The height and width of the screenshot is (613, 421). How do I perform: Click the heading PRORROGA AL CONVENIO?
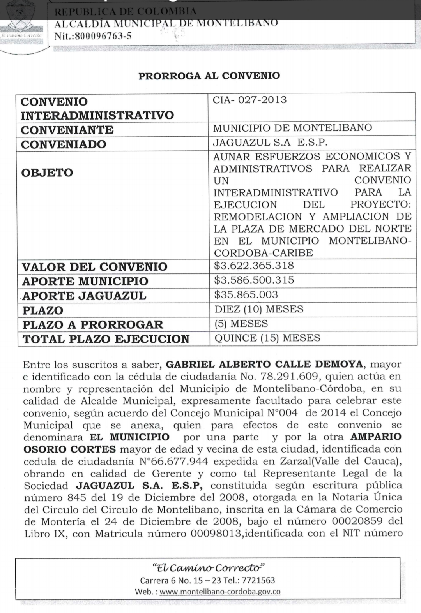point(209,76)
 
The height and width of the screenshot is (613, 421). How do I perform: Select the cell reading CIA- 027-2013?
point(249,100)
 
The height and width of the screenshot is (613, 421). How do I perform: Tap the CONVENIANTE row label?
point(67,130)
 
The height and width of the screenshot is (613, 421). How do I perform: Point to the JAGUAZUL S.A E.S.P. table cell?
point(270,143)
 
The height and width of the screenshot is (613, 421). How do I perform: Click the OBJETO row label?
point(47,173)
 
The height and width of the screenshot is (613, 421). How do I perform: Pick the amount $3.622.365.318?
point(254,266)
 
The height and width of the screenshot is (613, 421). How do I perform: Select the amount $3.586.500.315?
point(254,280)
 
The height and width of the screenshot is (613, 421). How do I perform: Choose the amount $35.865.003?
point(246,294)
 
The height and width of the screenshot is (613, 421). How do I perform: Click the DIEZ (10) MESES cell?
point(259,309)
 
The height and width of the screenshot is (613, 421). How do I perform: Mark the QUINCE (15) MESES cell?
point(267,338)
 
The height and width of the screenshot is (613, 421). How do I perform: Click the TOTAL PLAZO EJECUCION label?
point(106,339)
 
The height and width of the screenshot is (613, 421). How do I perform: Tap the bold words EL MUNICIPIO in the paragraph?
point(129,437)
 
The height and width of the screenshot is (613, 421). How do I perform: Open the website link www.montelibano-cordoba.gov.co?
point(220,592)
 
